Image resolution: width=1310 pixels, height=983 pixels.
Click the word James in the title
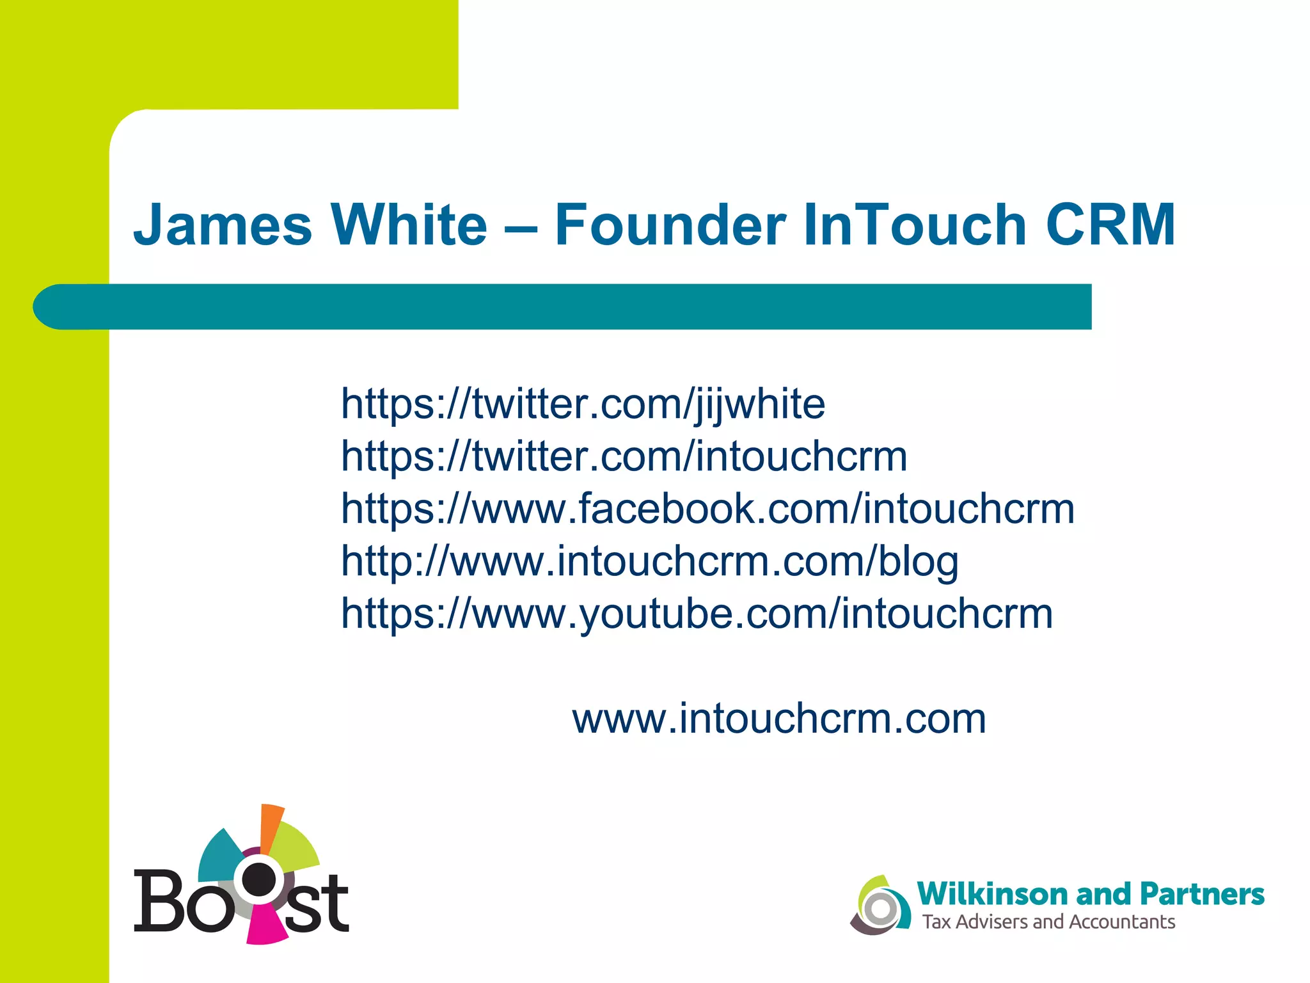tap(222, 225)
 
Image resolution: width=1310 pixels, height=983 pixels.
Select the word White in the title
tap(409, 225)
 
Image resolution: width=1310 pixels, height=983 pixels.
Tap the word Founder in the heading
tap(670, 225)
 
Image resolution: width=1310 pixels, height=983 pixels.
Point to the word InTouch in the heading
tap(915, 225)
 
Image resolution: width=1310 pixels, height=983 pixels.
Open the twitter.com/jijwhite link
tap(583, 404)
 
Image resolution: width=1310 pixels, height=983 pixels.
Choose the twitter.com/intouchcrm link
tap(624, 457)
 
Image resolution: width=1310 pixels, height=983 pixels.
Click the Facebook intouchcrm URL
tap(707, 509)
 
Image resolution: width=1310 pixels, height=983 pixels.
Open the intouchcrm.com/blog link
tap(649, 562)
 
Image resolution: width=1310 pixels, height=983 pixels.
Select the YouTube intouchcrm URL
tap(697, 614)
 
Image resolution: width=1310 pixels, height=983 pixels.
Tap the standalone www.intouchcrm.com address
tap(778, 719)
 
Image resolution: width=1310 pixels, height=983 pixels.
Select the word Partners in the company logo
tap(1203, 894)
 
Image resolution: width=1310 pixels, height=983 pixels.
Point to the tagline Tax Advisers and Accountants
tap(1048, 922)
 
